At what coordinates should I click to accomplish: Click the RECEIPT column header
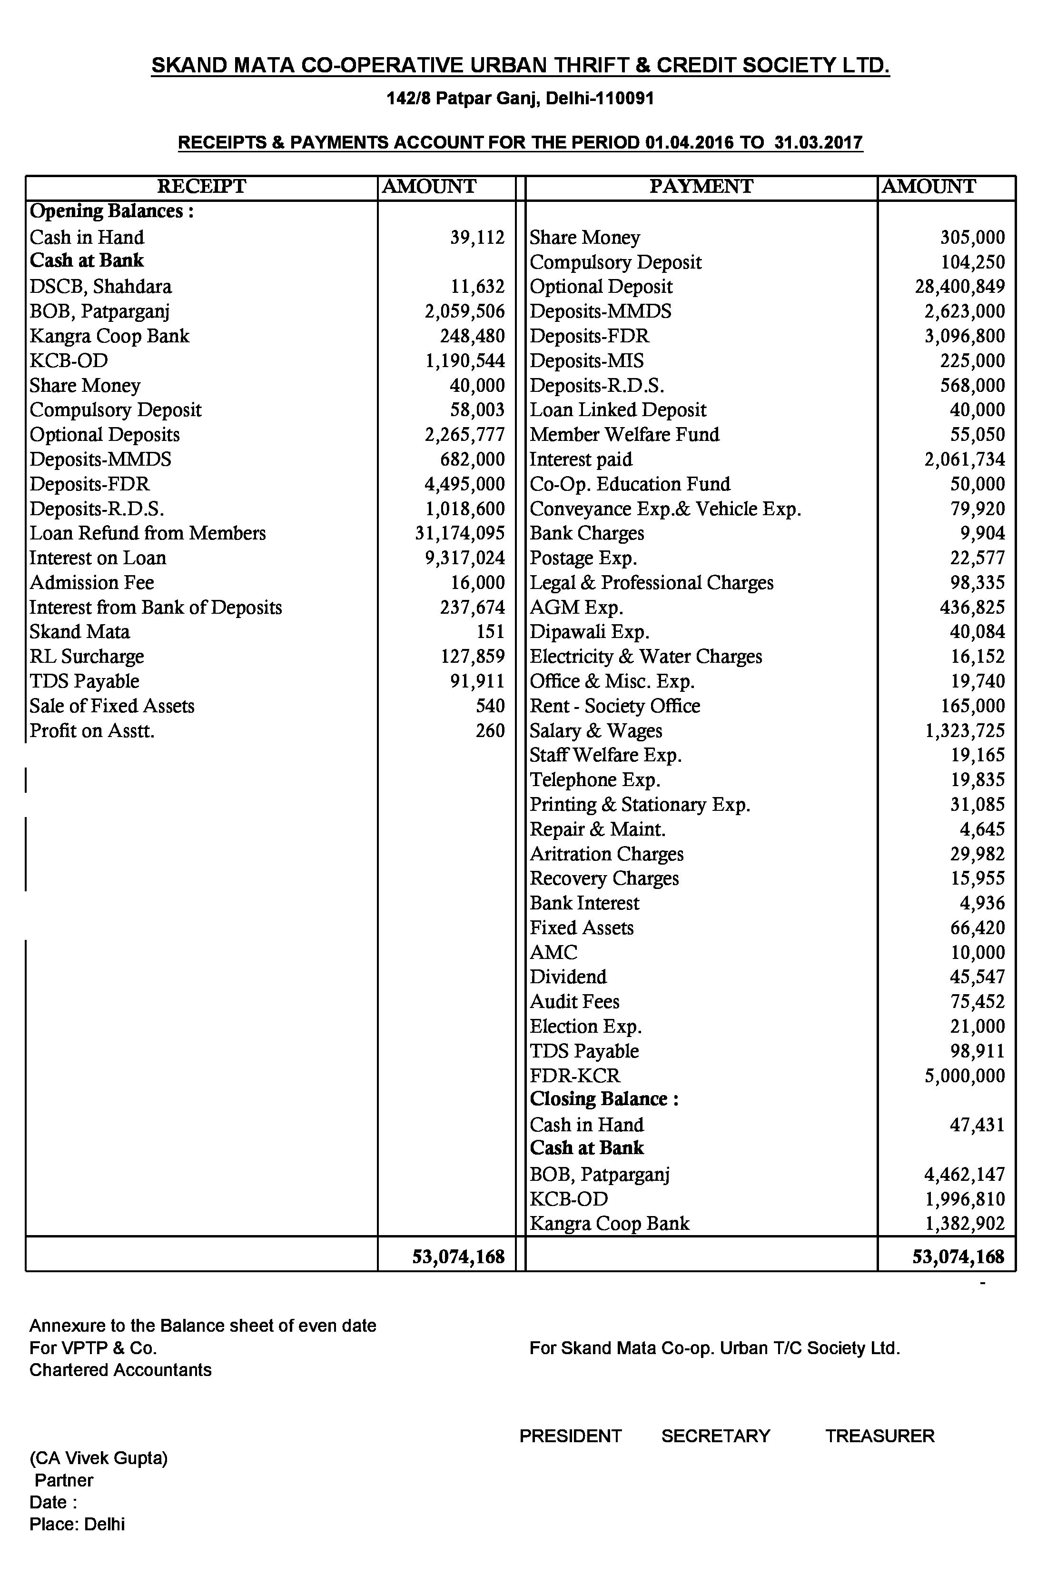(x=201, y=187)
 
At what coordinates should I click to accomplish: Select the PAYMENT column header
(x=701, y=187)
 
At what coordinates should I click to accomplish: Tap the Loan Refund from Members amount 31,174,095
(x=460, y=534)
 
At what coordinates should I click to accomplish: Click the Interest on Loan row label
(x=98, y=558)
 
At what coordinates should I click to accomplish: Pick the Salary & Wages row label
(x=595, y=731)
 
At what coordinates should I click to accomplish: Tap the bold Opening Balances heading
(x=112, y=211)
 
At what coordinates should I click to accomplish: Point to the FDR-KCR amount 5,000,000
(x=964, y=1076)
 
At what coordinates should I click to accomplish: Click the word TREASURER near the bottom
(x=879, y=1436)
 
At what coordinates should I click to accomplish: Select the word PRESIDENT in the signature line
(x=571, y=1436)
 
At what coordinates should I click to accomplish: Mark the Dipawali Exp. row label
(x=589, y=632)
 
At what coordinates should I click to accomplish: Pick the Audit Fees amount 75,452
(x=978, y=1002)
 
